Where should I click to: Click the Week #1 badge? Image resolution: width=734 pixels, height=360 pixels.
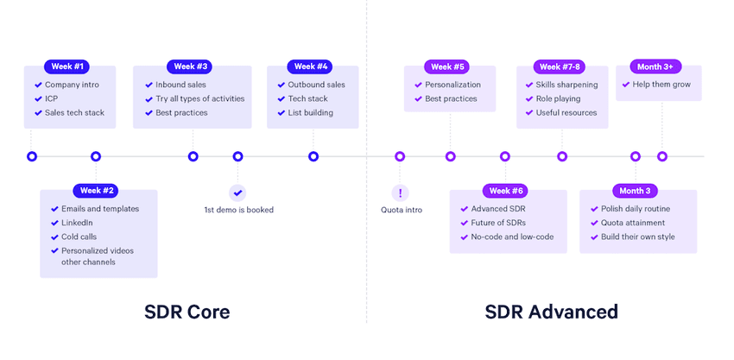[66, 66]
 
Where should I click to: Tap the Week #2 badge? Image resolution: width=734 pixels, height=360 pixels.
[98, 190]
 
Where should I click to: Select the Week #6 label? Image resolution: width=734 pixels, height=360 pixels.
[507, 190]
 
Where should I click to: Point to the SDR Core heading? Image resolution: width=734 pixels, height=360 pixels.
[187, 312]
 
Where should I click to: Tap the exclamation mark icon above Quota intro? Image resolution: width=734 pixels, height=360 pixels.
[400, 192]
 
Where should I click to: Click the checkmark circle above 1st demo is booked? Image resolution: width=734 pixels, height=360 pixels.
[237, 192]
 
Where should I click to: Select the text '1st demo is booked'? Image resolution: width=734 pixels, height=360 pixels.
[237, 210]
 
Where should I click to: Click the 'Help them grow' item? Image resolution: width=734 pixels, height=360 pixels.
[662, 85]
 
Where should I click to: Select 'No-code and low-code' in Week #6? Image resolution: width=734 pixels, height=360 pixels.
[512, 237]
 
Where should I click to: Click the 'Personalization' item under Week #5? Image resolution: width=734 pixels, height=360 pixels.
[454, 85]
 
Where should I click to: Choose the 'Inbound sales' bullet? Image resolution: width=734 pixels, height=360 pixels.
[181, 85]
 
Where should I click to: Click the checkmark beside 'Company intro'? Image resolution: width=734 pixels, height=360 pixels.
[38, 85]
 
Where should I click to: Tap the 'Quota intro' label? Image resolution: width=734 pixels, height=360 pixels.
[402, 210]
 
